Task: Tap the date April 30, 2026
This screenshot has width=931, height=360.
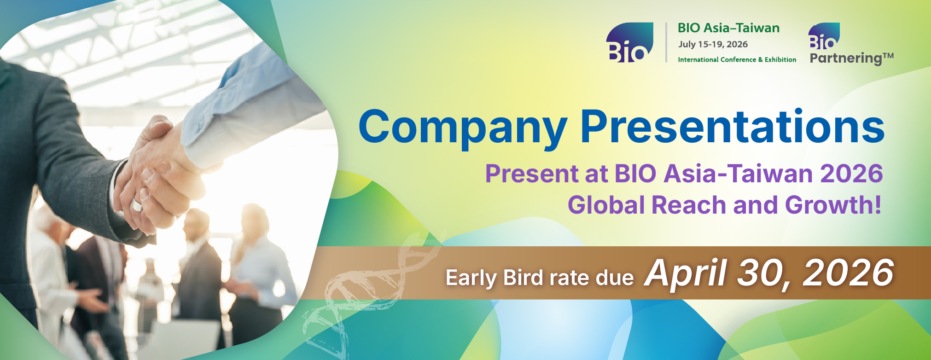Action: pos(769,273)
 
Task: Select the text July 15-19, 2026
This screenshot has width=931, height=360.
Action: pos(713,45)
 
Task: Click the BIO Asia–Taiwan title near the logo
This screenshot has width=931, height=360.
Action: pos(728,28)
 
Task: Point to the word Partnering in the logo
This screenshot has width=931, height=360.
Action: pos(846,58)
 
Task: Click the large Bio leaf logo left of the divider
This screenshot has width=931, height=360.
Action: pos(629,42)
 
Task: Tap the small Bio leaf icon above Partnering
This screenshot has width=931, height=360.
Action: pos(824,36)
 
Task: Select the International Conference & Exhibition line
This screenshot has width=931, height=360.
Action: pos(737,60)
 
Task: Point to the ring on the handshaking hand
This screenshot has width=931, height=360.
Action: pos(137,205)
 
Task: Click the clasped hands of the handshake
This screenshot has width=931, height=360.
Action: pos(161,175)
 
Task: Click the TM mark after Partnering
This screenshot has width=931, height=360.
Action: pos(888,56)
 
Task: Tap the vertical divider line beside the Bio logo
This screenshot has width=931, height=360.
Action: pos(666,42)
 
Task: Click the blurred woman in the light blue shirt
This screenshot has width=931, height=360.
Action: pos(260,267)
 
